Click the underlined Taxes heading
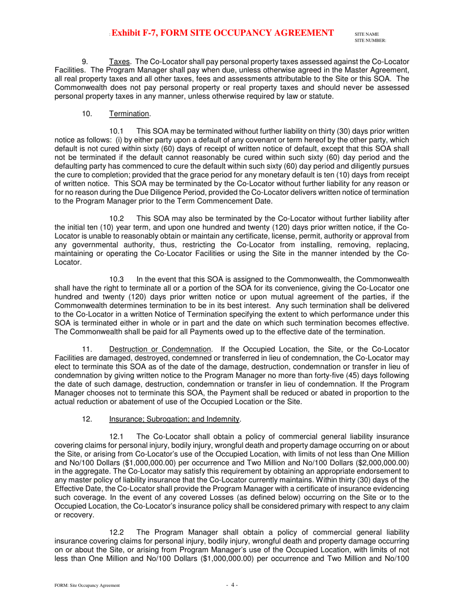[120, 62]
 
